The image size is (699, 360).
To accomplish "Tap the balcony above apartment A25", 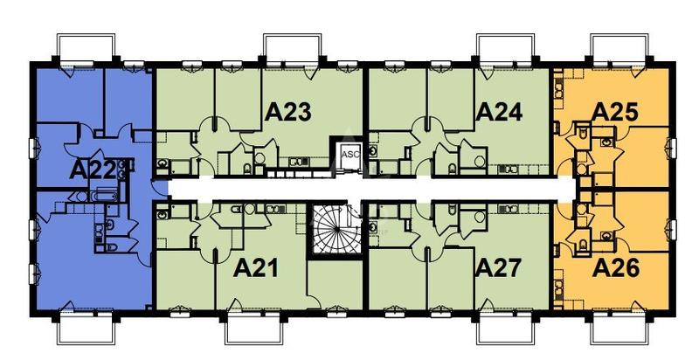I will pyautogui.click(x=619, y=47).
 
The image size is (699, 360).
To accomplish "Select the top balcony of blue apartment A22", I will pyautogui.click(x=85, y=47).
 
